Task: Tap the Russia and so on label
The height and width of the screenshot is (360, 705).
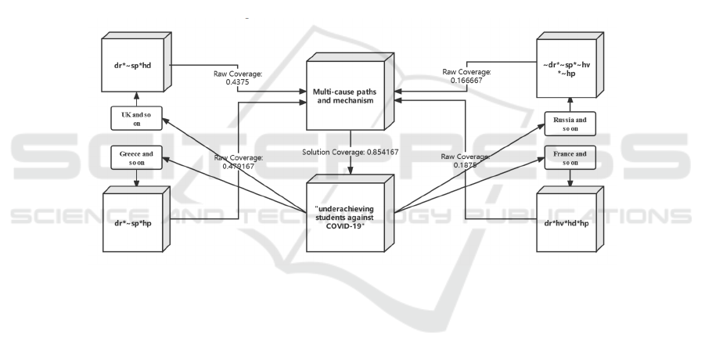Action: click(569, 122)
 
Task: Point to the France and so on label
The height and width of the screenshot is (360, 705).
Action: click(569, 158)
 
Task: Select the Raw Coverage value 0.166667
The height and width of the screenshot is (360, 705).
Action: click(466, 79)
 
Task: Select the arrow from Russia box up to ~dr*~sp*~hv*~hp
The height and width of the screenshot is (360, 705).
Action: click(569, 102)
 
